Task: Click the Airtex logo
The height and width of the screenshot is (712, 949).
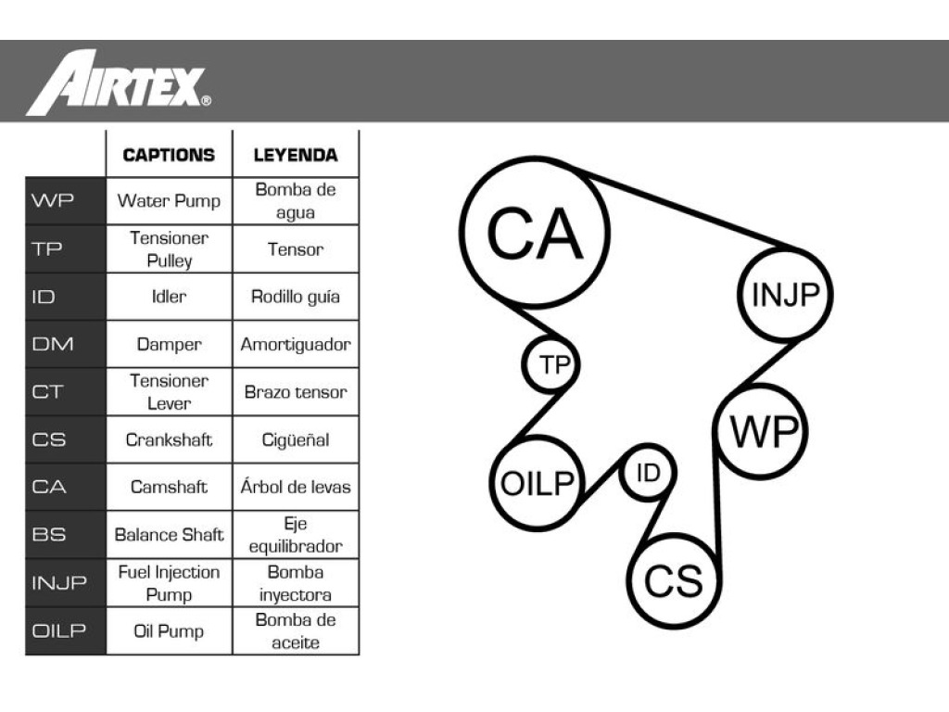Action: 119,83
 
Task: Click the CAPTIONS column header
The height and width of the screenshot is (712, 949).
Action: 169,155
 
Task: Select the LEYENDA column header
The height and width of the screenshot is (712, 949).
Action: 296,155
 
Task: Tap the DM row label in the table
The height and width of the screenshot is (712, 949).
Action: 53,344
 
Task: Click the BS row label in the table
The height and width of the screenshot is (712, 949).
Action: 49,535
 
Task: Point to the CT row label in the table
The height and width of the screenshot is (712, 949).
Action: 47,392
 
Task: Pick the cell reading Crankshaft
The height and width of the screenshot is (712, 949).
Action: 169,439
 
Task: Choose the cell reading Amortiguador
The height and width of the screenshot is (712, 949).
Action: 296,345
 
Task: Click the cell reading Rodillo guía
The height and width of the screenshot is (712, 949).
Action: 296,297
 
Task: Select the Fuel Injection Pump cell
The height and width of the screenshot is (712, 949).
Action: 169,583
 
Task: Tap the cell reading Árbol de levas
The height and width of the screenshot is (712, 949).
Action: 296,487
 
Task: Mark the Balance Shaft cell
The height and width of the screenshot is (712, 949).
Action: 169,535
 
